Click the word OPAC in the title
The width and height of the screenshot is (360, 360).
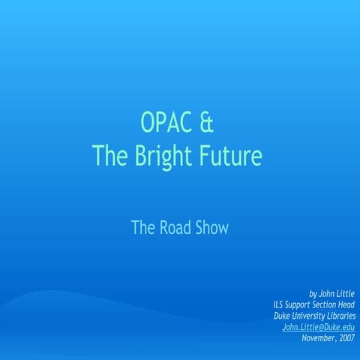click(161, 121)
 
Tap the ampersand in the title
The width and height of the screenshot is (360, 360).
click(211, 121)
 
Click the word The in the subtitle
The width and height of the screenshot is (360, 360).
click(143, 227)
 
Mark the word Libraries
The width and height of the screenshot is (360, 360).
click(341, 316)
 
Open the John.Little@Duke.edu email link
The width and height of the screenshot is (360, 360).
click(318, 328)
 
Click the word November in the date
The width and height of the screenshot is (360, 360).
click(319, 339)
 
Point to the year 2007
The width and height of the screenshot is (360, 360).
click(347, 339)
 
